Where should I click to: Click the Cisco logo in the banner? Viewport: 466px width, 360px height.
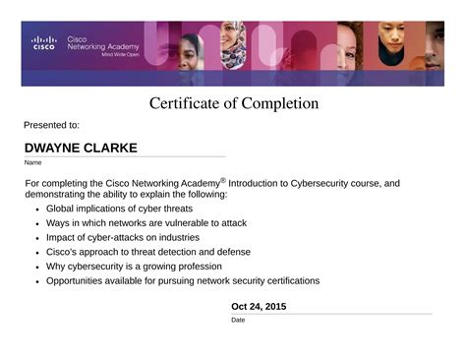coord(44,42)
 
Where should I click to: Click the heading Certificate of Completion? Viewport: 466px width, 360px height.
coord(234,103)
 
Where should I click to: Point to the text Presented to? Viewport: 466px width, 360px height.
coord(51,125)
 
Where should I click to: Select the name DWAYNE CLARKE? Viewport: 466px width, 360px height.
coord(81,149)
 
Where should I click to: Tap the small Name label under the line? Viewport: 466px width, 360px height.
coord(32,162)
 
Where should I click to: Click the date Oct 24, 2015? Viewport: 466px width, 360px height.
coord(259,307)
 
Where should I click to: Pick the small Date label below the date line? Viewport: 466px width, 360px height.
coord(238,320)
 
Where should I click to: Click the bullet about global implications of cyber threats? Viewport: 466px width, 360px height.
coord(119,209)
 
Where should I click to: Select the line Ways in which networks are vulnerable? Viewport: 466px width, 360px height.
coord(146,223)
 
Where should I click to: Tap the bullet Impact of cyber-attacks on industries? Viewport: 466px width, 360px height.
coord(123,237)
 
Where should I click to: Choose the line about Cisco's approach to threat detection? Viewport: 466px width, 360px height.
coord(148,252)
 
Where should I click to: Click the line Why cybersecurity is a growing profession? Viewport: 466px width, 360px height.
coord(134,266)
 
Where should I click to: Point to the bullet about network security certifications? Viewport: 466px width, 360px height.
coord(183,280)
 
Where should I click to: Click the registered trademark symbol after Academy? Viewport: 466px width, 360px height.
coord(223,180)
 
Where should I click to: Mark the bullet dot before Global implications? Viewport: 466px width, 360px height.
coord(36,210)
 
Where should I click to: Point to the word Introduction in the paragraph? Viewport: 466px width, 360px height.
coord(258,183)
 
